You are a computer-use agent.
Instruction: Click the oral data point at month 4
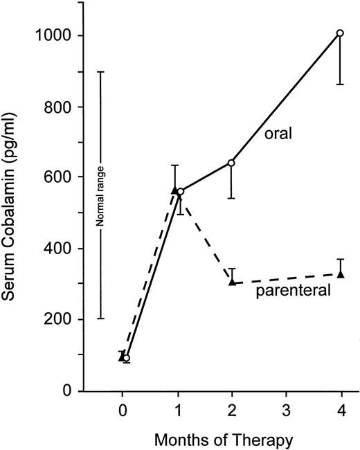339,33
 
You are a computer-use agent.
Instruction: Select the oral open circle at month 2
231,163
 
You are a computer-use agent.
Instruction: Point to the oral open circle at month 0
126,358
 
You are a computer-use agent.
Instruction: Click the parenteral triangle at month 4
339,274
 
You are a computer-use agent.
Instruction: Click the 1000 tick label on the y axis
57,35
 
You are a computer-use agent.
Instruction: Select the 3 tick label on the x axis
285,410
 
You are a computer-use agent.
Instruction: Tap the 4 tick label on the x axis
339,410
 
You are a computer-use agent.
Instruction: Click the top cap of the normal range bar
100,72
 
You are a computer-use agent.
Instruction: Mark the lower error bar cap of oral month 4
339,84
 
